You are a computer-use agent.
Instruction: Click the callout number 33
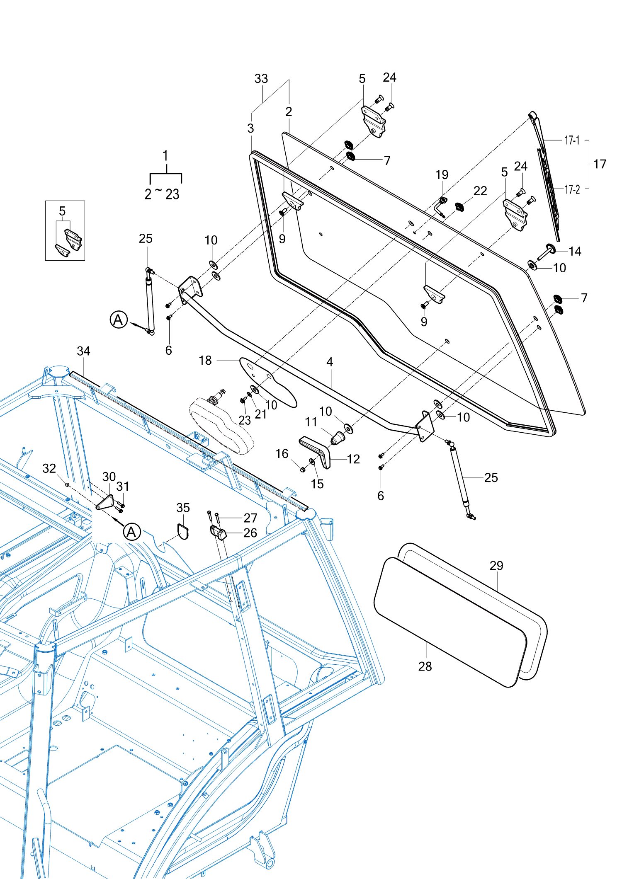(x=261, y=79)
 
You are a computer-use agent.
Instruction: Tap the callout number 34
(x=83, y=351)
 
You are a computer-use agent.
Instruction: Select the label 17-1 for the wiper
(x=572, y=140)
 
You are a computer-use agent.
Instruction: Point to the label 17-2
(x=572, y=189)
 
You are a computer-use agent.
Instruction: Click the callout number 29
(x=496, y=566)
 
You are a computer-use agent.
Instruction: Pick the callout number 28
(x=425, y=666)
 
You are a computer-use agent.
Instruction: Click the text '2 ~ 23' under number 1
(x=162, y=194)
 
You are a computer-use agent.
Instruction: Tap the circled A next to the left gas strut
(x=119, y=320)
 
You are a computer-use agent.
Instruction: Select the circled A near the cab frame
(x=132, y=532)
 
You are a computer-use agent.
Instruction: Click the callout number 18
(x=205, y=361)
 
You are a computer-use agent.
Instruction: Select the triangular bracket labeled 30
(x=105, y=502)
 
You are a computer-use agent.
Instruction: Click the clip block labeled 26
(x=218, y=533)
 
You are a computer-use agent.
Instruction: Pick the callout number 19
(x=442, y=175)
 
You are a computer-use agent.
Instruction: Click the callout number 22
(x=480, y=191)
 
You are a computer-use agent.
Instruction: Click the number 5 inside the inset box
(x=62, y=211)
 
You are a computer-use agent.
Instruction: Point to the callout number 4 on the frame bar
(x=330, y=362)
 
